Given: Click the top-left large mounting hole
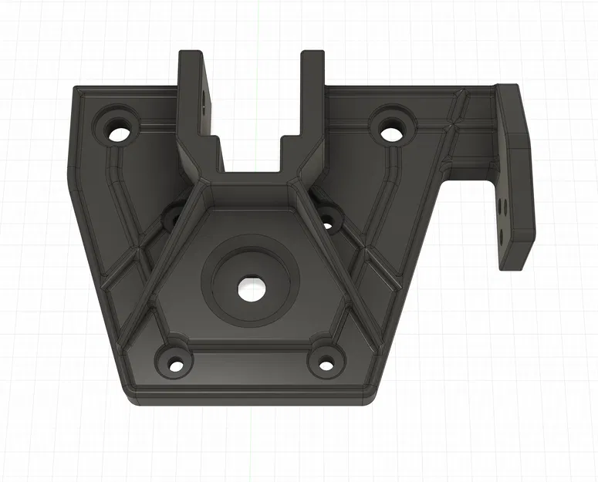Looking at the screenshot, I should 120,132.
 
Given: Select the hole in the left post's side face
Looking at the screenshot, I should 205,99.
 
